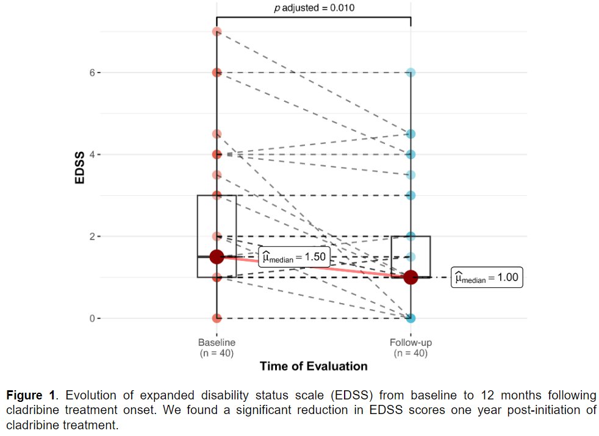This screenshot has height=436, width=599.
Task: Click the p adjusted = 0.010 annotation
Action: (314, 8)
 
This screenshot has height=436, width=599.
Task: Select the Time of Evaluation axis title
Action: (314, 366)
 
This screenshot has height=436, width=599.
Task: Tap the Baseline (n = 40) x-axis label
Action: (217, 348)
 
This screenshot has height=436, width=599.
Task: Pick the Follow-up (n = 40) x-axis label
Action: (411, 348)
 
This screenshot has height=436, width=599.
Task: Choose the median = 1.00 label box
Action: (487, 278)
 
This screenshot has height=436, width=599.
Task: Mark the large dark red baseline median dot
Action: (217, 257)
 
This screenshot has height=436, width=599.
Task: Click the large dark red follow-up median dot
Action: (411, 277)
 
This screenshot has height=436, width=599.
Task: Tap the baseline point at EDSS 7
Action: (217, 31)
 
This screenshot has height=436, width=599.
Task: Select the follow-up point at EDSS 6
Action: (411, 73)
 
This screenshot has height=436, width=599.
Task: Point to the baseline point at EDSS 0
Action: (217, 318)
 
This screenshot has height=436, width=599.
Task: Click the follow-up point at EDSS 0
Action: (411, 318)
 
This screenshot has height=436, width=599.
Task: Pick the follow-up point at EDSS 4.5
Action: (411, 134)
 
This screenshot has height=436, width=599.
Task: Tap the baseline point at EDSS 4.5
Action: (217, 134)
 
